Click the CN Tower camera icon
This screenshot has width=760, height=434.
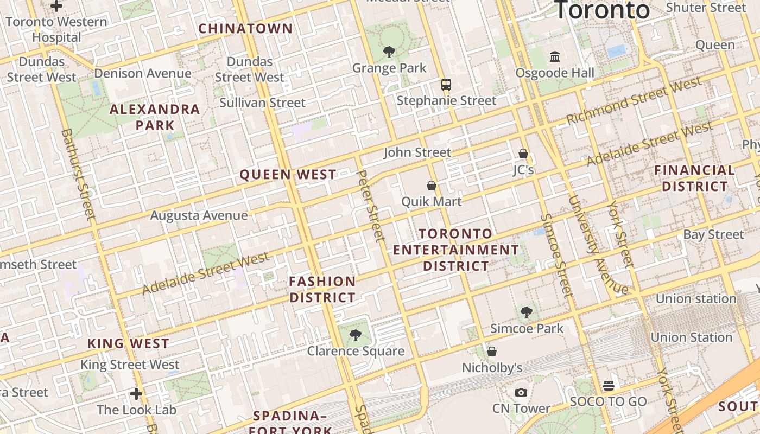pyautogui.click(x=521, y=392)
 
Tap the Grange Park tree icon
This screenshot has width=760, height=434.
pyautogui.click(x=389, y=52)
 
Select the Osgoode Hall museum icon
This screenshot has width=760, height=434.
pyautogui.click(x=555, y=56)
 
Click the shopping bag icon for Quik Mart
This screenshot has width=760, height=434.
pyautogui.click(x=432, y=186)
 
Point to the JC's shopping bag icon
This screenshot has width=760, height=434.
pyautogui.click(x=523, y=154)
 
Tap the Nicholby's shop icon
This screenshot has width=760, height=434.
pyautogui.click(x=492, y=352)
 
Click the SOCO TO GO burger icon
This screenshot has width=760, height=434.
pyautogui.click(x=608, y=385)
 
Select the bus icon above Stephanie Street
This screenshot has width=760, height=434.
pyautogui.click(x=446, y=85)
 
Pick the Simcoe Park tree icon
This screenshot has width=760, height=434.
pyautogui.click(x=526, y=312)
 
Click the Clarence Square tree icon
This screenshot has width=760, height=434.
pyautogui.click(x=356, y=335)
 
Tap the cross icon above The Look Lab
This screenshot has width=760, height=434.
pyautogui.click(x=136, y=393)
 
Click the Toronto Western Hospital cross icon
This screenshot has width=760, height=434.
pyautogui.click(x=56, y=6)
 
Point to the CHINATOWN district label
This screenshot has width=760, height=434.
pyautogui.click(x=245, y=29)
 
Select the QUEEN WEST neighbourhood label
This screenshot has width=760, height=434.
pyautogui.click(x=288, y=175)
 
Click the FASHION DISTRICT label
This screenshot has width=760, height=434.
pyautogui.click(x=322, y=289)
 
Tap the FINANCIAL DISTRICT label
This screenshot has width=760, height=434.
pyautogui.click(x=694, y=178)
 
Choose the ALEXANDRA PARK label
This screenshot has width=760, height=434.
pyautogui.click(x=155, y=117)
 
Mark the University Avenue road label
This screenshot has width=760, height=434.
pyautogui.click(x=598, y=244)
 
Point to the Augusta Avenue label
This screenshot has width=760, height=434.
pyautogui.click(x=199, y=215)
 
